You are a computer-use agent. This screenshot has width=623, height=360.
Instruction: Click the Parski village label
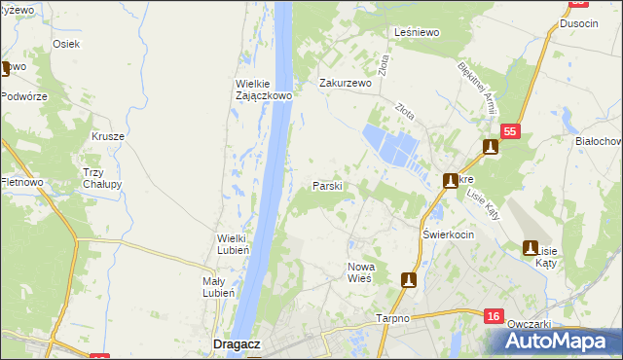coord(326,186)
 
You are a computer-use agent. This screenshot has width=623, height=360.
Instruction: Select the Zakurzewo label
coord(347,84)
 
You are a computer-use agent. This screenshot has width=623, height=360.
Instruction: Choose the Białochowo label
coord(600,141)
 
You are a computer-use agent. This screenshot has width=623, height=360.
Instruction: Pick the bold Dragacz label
coord(235,342)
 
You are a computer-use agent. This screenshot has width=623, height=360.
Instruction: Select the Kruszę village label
coord(108,136)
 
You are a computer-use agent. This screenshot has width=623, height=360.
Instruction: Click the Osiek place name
coord(66,44)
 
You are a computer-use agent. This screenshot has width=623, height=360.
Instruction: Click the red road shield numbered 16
coord(495,315)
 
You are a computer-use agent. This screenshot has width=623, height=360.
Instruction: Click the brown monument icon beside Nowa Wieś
coord(409,280)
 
